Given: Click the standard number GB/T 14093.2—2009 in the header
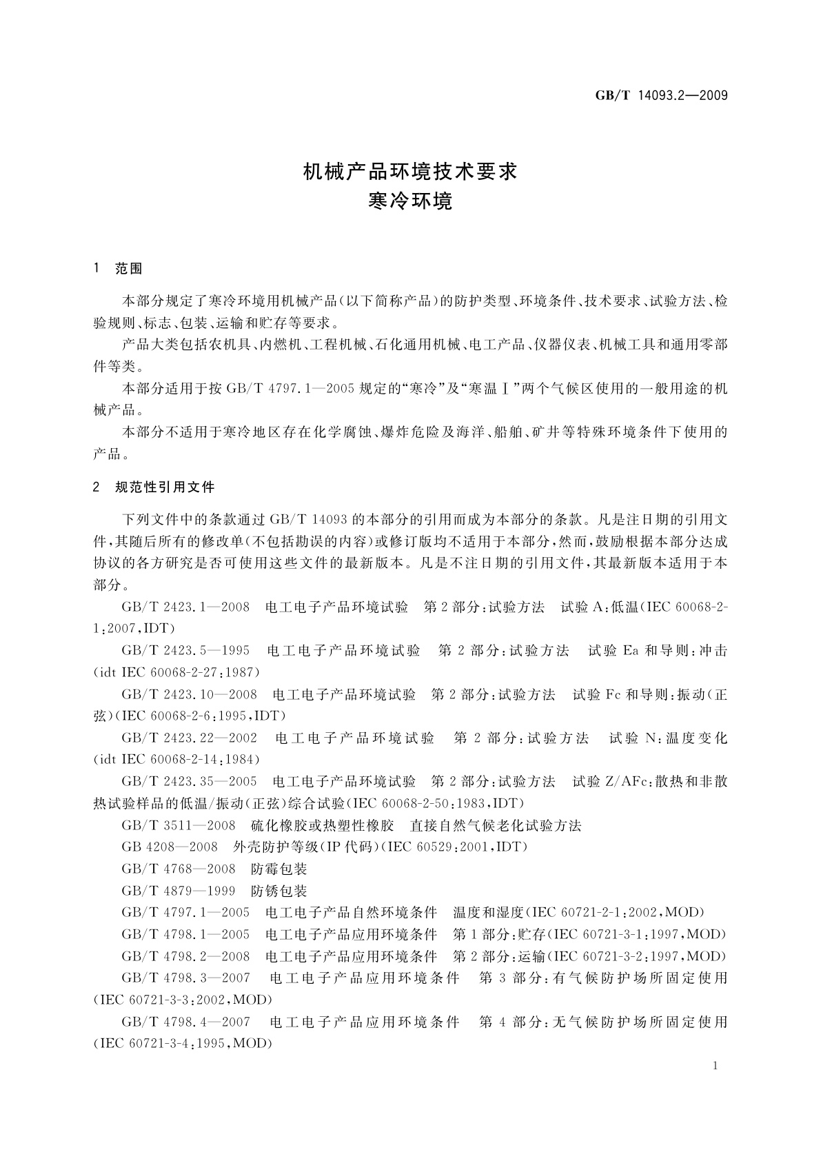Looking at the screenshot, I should (x=661, y=95).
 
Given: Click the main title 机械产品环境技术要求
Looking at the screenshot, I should (x=410, y=172).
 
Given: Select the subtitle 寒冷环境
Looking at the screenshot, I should (x=410, y=201).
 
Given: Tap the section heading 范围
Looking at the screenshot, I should (x=129, y=269).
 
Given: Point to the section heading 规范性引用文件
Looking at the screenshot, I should (x=165, y=487).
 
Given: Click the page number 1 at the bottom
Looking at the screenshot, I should (x=715, y=1066).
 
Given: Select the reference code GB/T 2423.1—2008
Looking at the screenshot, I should (x=185, y=607).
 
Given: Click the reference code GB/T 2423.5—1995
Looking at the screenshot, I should (x=185, y=651).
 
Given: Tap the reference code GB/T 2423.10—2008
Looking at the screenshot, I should (x=189, y=694).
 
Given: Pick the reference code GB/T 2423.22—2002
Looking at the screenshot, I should (x=189, y=738).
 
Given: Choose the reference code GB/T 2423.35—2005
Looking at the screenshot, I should (x=189, y=782).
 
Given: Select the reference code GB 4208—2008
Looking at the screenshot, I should (x=170, y=847).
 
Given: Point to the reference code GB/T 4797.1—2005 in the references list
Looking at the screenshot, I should (x=185, y=913).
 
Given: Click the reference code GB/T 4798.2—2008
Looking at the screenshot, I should (x=185, y=956).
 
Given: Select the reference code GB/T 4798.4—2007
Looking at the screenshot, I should (x=185, y=1022).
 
